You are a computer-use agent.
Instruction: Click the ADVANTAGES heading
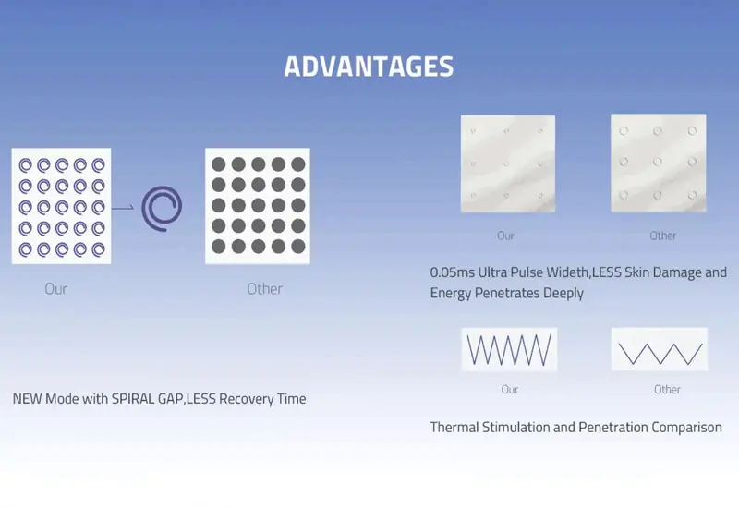[x=369, y=67]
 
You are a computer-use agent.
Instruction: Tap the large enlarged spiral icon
[x=163, y=207]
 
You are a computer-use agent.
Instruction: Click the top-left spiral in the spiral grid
[x=25, y=165]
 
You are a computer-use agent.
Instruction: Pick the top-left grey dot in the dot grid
[x=219, y=164]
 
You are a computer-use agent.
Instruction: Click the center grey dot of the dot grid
[x=258, y=205]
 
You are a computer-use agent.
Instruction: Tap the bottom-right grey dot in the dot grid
[x=297, y=247]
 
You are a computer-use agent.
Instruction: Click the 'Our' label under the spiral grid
[x=55, y=289]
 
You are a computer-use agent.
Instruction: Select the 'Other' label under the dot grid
[x=264, y=289]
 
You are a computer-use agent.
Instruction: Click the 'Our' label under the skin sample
[x=506, y=236]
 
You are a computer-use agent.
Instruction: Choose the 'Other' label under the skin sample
[x=663, y=236]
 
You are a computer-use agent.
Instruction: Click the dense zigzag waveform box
[x=509, y=350]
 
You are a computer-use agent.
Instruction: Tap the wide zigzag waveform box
[x=660, y=350]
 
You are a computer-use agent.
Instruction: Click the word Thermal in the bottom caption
[x=454, y=428]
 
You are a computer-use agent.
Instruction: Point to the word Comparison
[x=685, y=428]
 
